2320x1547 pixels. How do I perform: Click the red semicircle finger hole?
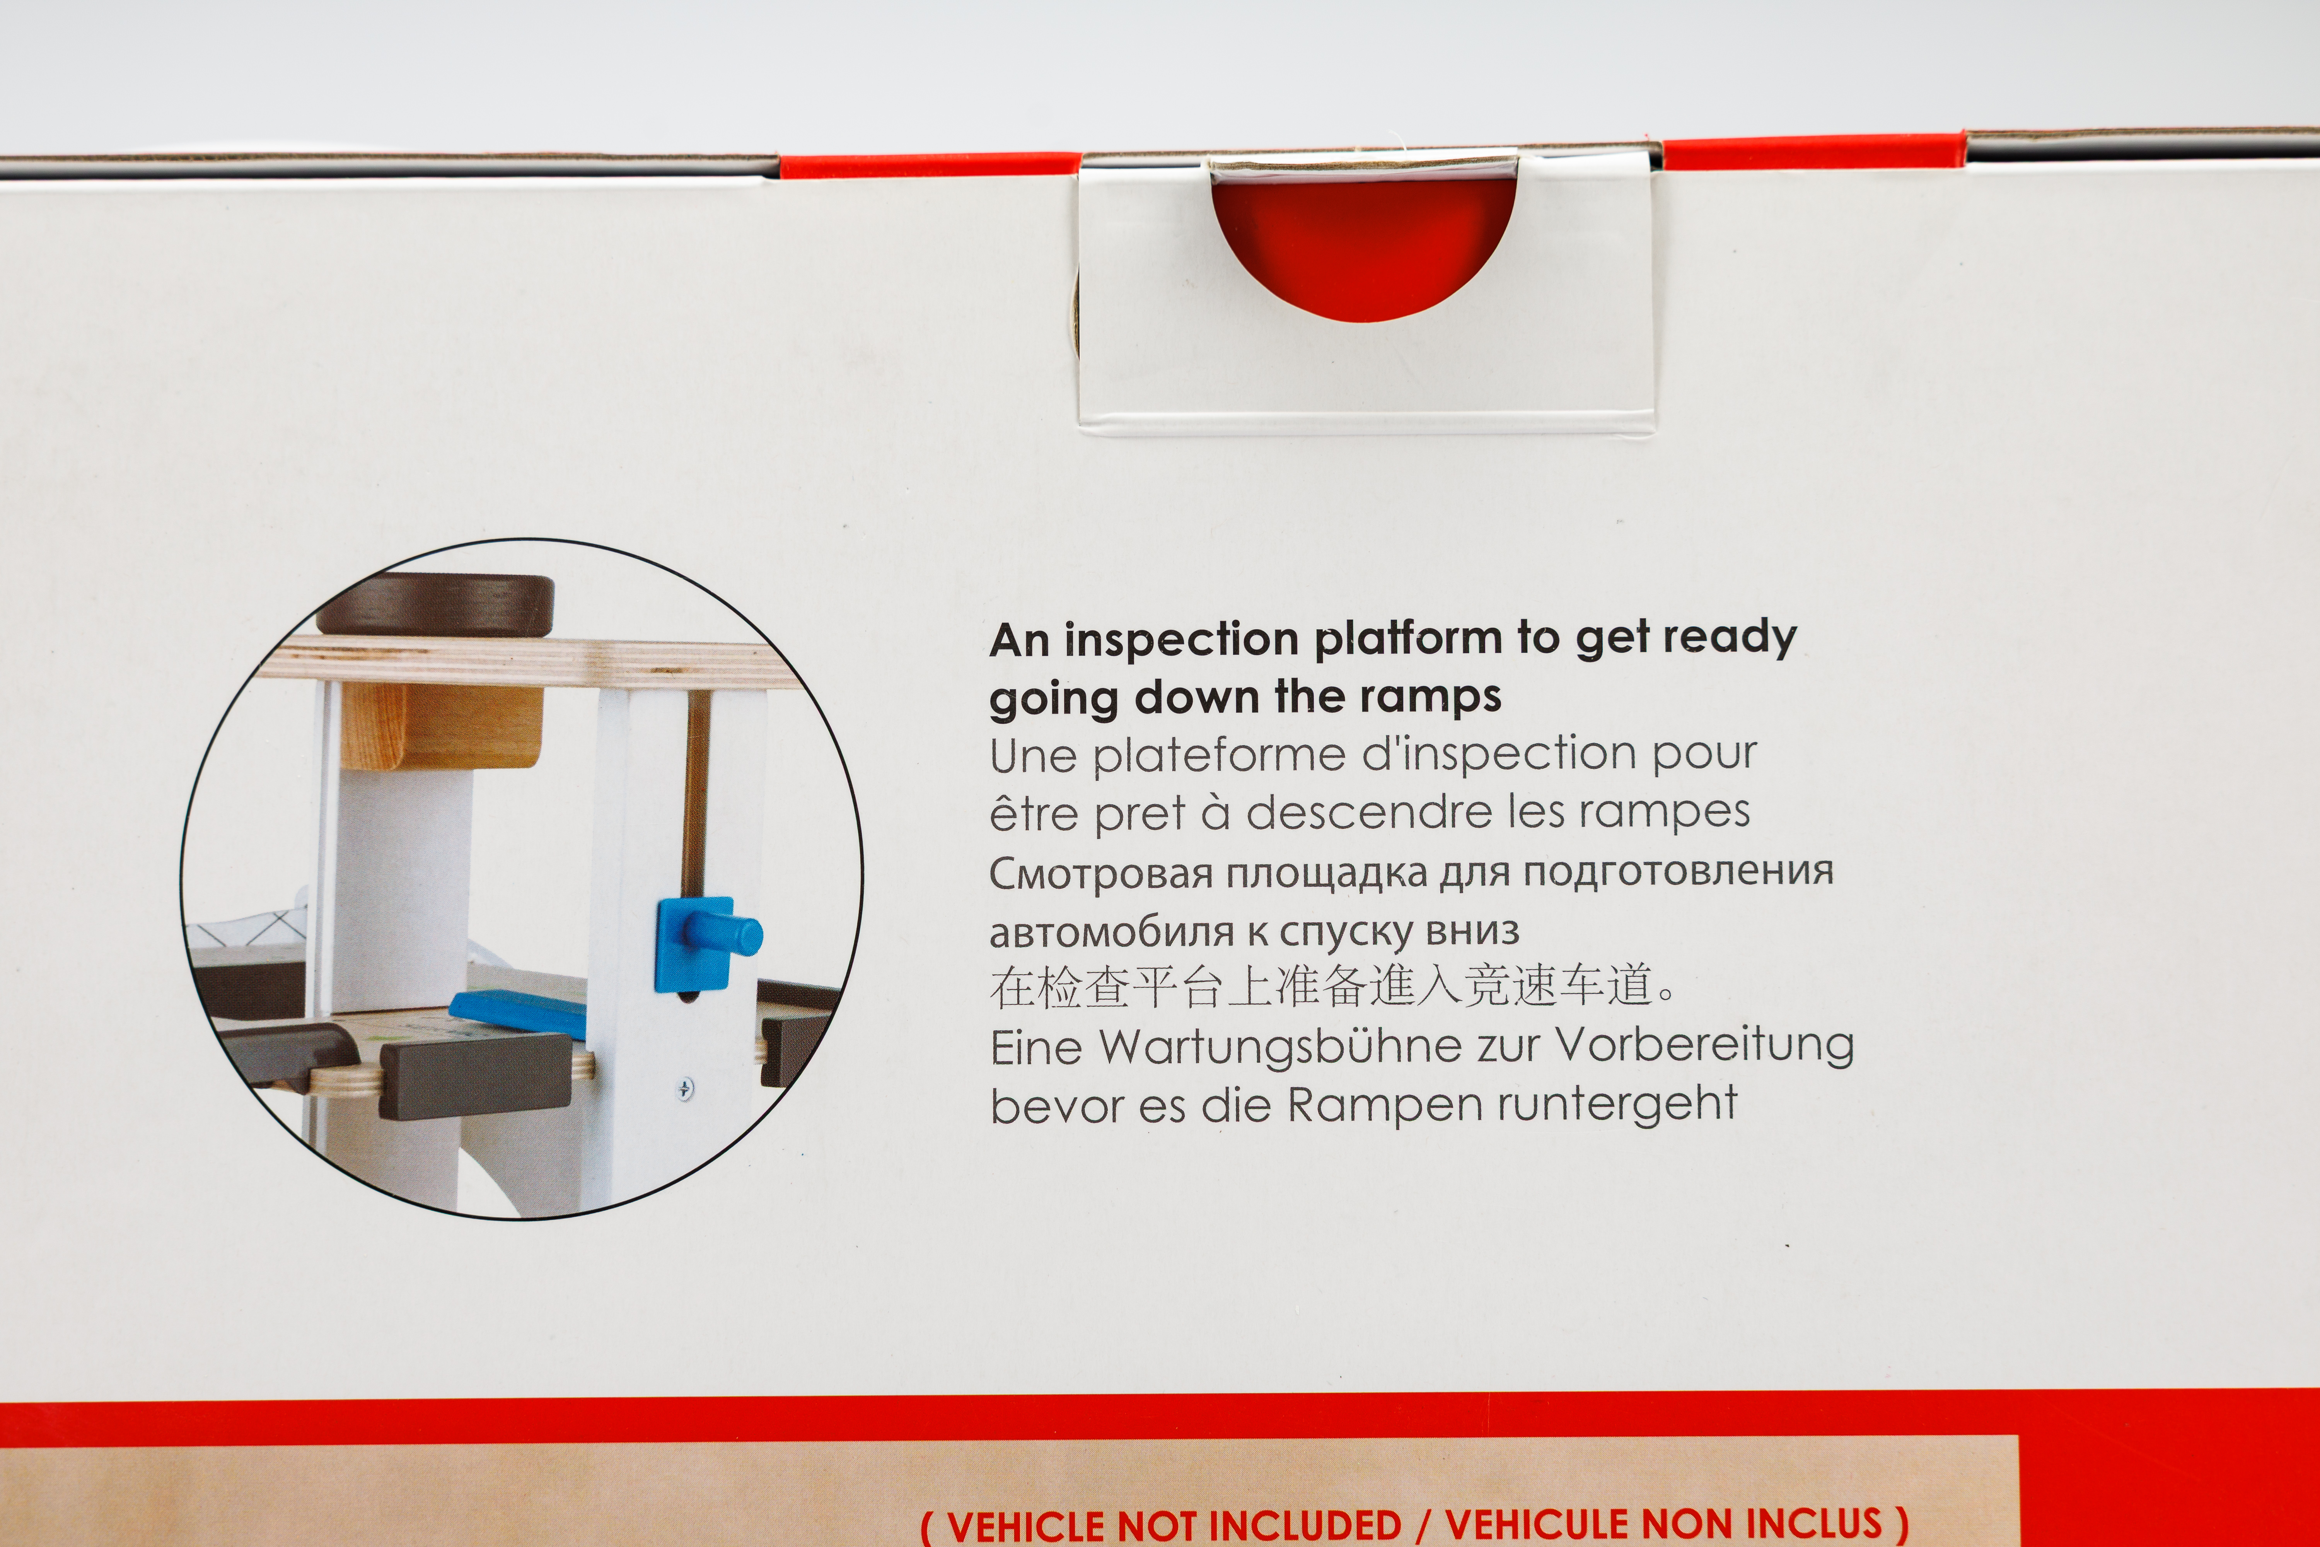1364,247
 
